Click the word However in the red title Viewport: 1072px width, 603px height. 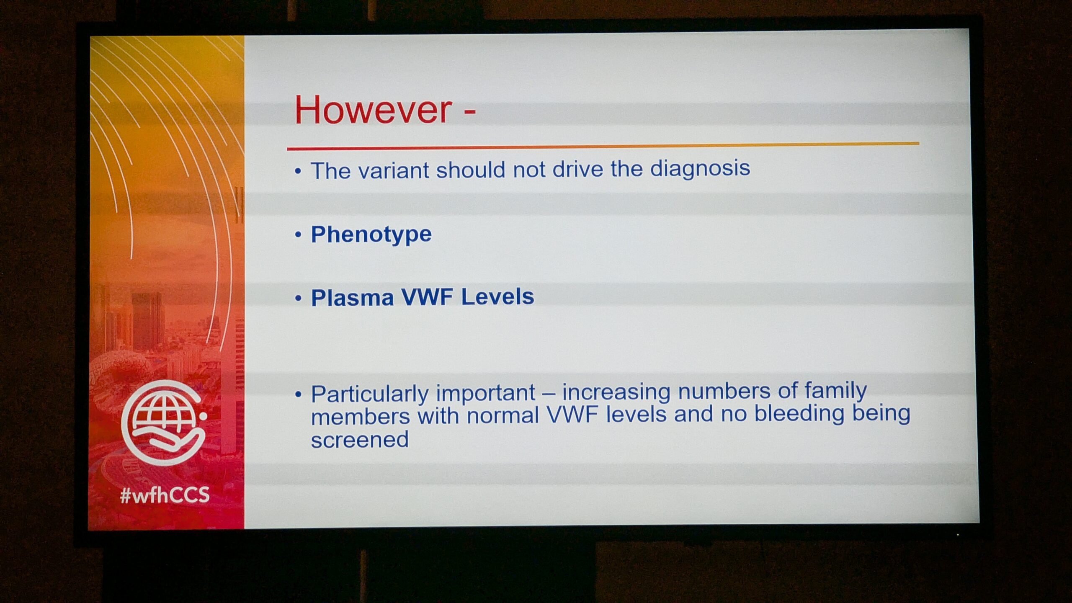click(x=373, y=110)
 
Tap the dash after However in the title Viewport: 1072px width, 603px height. click(x=469, y=113)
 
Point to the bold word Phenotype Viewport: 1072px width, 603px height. click(x=371, y=234)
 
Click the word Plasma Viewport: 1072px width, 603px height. click(x=352, y=298)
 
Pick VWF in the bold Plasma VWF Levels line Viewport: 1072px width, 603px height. click(x=427, y=297)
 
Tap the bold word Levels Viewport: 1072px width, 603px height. click(x=497, y=296)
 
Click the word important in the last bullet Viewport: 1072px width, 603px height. click(x=486, y=393)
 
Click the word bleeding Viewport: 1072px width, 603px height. click(x=799, y=414)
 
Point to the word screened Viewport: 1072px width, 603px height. click(x=360, y=440)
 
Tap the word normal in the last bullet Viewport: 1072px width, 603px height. click(x=502, y=416)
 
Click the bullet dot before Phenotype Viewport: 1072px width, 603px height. click(x=298, y=235)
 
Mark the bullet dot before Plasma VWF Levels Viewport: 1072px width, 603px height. click(x=298, y=298)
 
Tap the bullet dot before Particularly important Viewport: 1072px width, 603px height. click(x=298, y=394)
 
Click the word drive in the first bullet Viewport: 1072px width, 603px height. click(x=577, y=170)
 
